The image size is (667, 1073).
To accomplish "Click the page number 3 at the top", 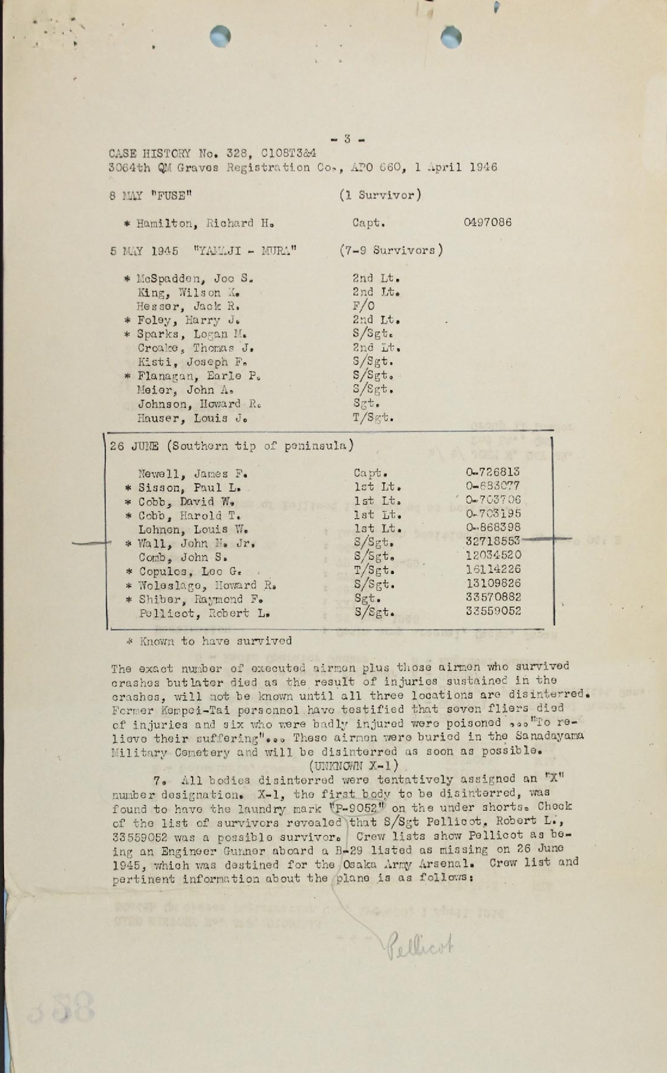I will (347, 140).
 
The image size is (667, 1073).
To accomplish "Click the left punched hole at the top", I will (220, 36).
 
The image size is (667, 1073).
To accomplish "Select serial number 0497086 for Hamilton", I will (487, 222).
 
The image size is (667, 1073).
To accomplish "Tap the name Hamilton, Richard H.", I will (199, 224).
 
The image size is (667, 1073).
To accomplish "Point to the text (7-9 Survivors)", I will (391, 250).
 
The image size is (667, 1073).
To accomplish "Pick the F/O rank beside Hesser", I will (364, 306).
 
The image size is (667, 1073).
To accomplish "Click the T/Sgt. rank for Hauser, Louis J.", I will (373, 418).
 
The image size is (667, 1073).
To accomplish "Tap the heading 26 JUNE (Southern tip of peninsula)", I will (232, 445).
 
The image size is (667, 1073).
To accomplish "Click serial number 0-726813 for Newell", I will (493, 472).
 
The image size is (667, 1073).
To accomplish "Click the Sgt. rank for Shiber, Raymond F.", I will (365, 598).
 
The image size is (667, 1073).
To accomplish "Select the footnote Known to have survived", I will (209, 641).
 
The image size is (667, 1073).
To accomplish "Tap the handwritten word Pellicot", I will (419, 945).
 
